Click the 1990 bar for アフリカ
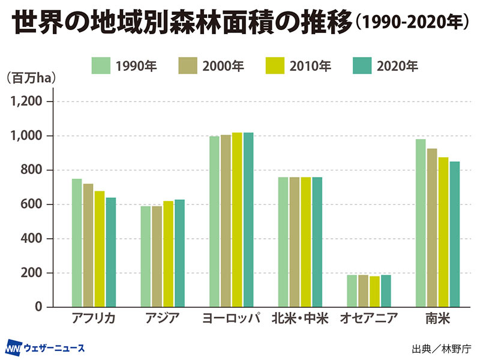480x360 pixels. pyautogui.click(x=77, y=243)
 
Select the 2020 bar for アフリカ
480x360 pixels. pyautogui.click(x=111, y=252)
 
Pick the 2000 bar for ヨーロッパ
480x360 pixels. pyautogui.click(x=226, y=221)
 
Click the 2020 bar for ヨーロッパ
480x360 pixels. pyautogui.click(x=248, y=220)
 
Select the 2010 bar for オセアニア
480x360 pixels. pyautogui.click(x=374, y=292)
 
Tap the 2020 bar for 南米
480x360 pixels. pyautogui.click(x=455, y=235)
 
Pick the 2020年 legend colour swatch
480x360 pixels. pyautogui.click(x=362, y=66)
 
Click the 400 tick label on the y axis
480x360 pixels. pyautogui.click(x=32, y=239)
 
